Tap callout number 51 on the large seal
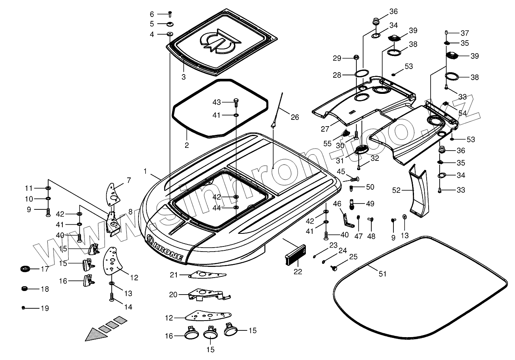(x=382, y=274)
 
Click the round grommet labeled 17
(x=25, y=269)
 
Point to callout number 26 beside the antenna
(x=295, y=117)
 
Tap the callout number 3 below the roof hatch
(x=184, y=77)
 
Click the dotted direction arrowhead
(x=95, y=334)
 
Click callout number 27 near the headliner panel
(x=325, y=129)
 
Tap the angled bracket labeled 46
(x=347, y=221)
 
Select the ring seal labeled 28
(x=362, y=74)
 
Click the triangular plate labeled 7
(x=114, y=192)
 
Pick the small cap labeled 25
(x=334, y=269)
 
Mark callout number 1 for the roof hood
(x=145, y=172)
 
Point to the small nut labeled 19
(x=24, y=308)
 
